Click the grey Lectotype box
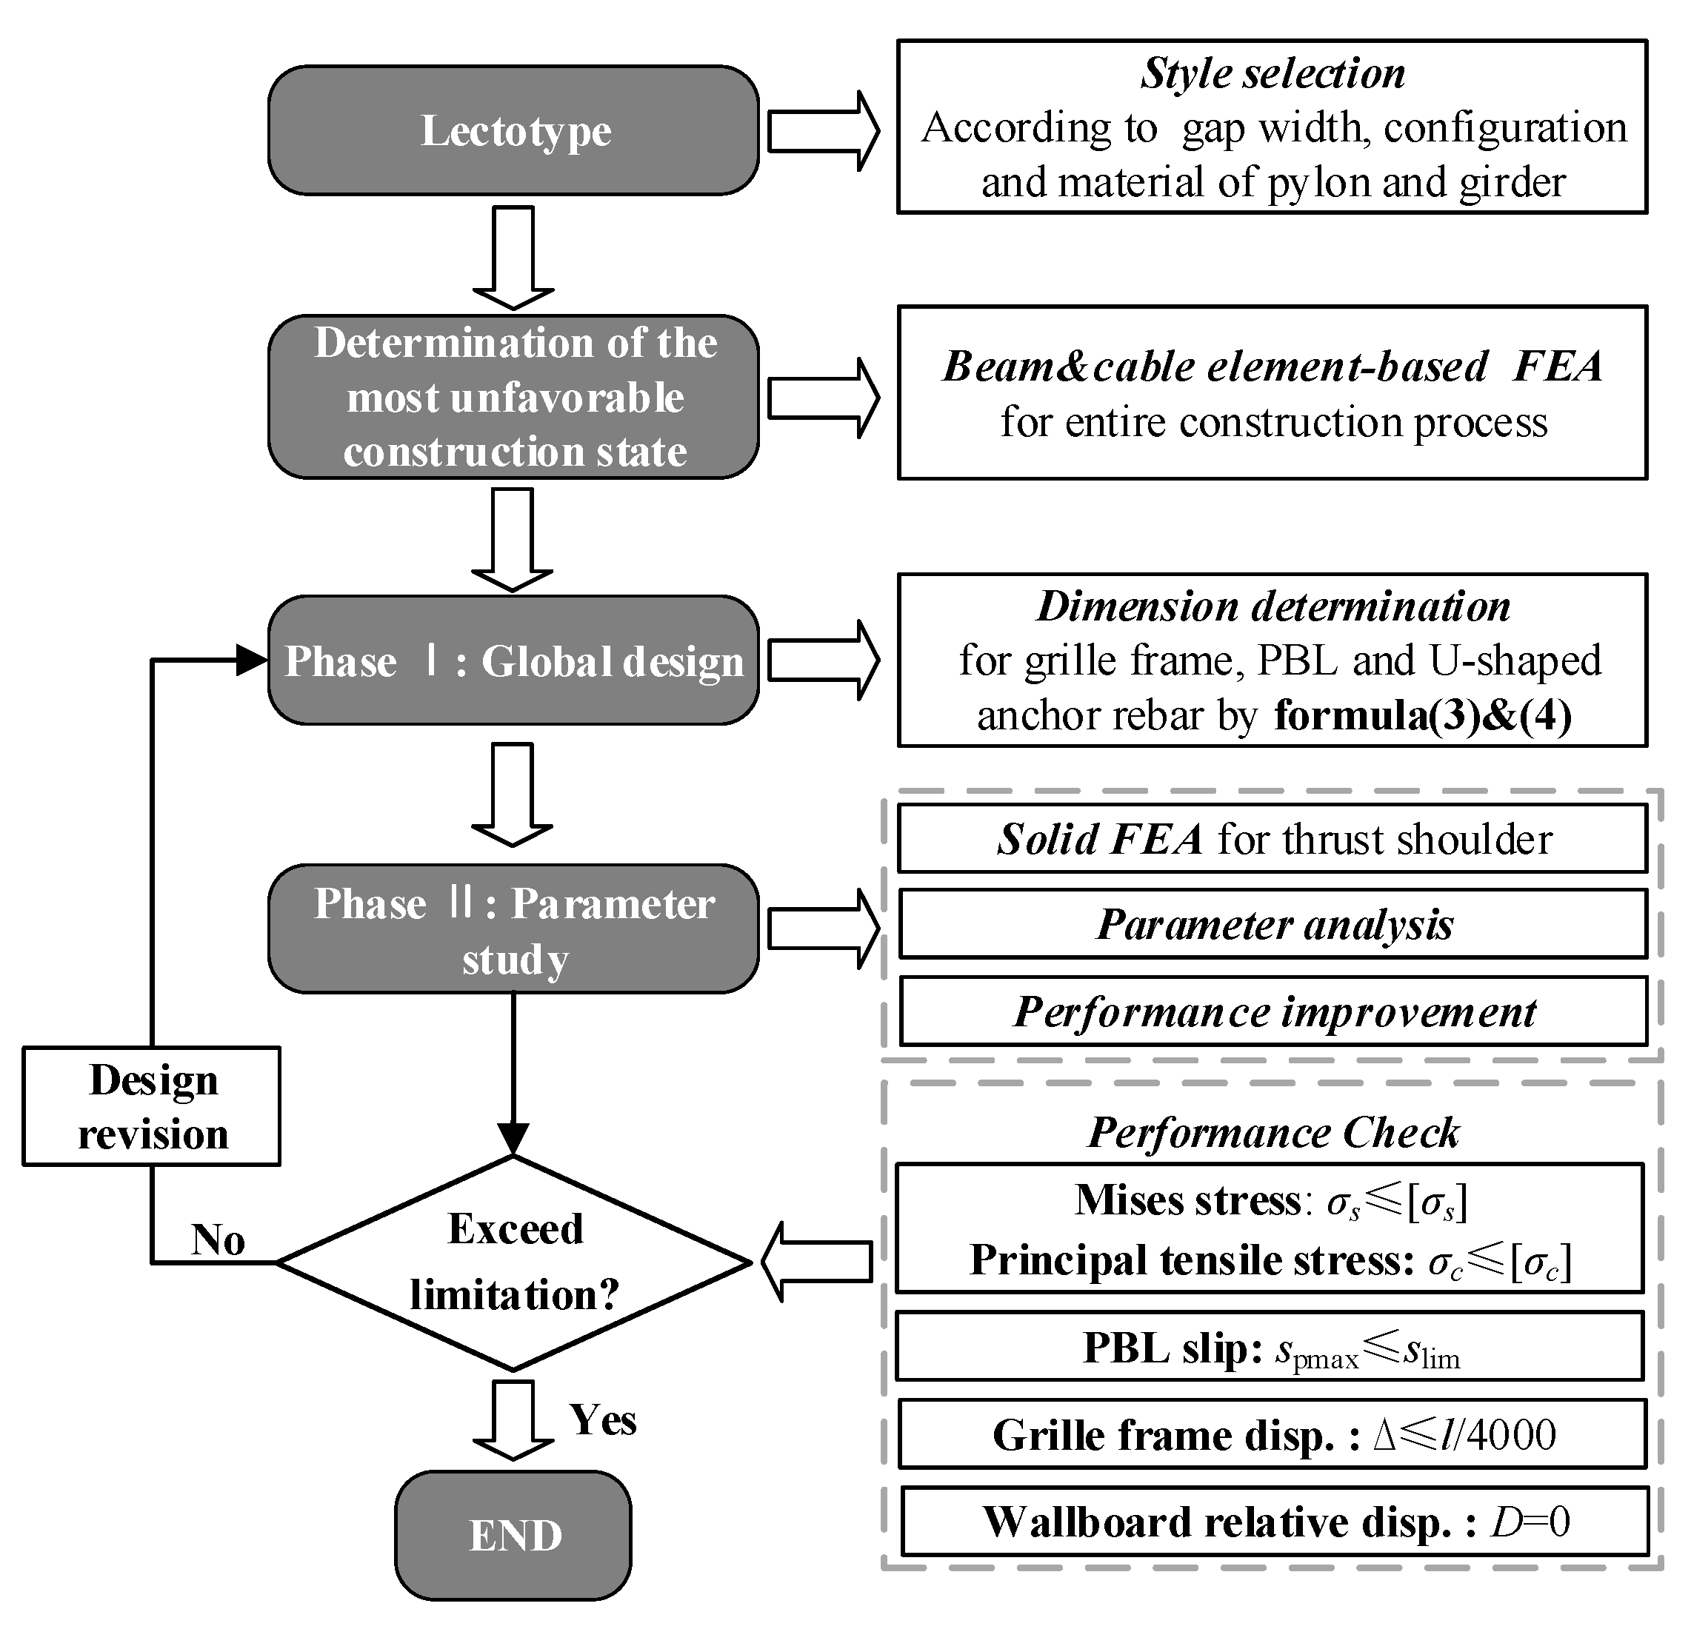[x=513, y=130]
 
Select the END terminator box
[x=513, y=1536]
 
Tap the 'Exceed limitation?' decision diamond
[x=513, y=1262]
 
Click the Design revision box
[x=152, y=1106]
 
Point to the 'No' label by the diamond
[x=218, y=1240]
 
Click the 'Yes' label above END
[x=602, y=1419]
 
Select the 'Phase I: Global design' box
[x=513, y=660]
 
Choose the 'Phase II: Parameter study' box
[x=513, y=929]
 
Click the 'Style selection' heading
[x=1273, y=73]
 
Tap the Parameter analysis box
[x=1273, y=924]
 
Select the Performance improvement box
[x=1273, y=1011]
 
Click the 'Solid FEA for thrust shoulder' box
[x=1273, y=839]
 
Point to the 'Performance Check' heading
[x=1273, y=1132]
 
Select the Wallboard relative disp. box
[x=1275, y=1522]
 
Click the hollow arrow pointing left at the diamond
[x=816, y=1262]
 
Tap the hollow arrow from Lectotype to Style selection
[x=822, y=131]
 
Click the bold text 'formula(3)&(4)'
[x=1423, y=716]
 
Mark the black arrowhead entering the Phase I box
[x=252, y=660]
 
